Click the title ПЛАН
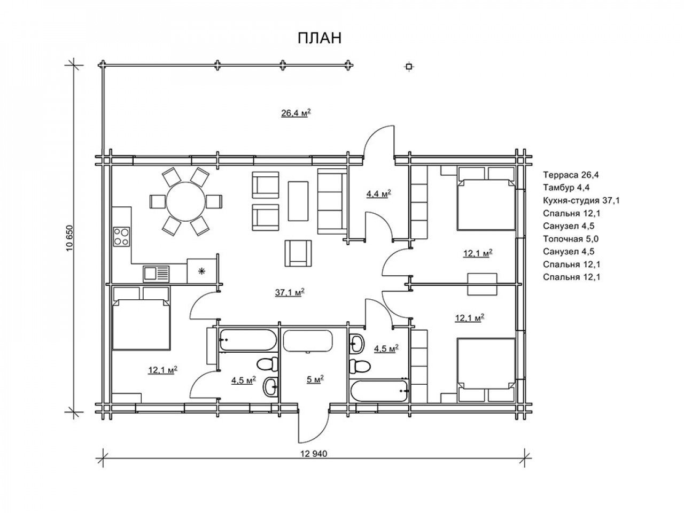click(320, 38)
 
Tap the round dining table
click(186, 201)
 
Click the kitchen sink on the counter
click(156, 274)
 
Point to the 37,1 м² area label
click(290, 292)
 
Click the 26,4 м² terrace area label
click(296, 112)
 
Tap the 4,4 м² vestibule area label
click(379, 194)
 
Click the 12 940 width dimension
click(314, 454)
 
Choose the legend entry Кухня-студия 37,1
click(581, 200)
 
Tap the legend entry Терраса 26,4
click(571, 175)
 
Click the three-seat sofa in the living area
click(332, 201)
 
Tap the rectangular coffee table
click(298, 201)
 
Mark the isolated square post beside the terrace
click(409, 66)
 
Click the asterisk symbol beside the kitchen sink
click(202, 271)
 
